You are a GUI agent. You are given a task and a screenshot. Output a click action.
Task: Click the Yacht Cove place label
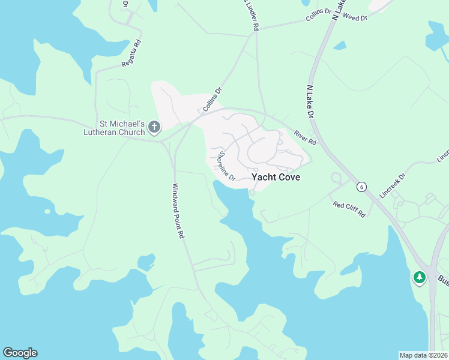(276, 178)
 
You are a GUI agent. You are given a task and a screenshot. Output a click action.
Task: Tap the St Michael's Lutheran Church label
(114, 128)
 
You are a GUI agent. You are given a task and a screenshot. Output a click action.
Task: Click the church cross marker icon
(154, 127)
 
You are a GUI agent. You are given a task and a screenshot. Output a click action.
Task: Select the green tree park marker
(419, 278)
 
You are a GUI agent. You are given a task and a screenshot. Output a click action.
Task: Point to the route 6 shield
(361, 187)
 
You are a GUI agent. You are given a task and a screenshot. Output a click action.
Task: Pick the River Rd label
(305, 137)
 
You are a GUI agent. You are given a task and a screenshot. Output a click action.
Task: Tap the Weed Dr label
(355, 18)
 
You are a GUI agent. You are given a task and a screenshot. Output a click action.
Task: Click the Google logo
(20, 353)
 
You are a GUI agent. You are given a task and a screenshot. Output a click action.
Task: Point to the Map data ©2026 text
(423, 355)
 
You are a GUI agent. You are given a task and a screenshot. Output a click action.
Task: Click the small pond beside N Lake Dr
(340, 45)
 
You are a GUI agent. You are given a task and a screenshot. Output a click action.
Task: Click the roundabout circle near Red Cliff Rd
(336, 178)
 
